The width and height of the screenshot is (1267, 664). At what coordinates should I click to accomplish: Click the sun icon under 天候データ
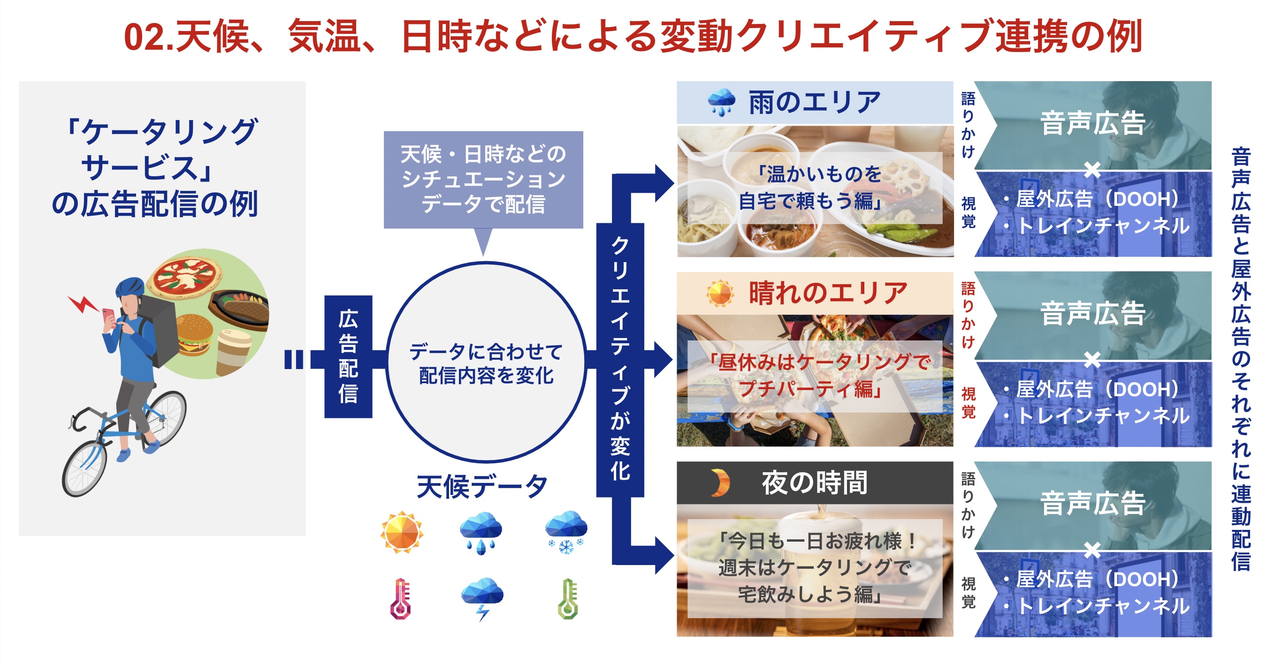click(x=402, y=532)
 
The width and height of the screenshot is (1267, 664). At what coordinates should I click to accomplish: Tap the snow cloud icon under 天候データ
click(x=566, y=531)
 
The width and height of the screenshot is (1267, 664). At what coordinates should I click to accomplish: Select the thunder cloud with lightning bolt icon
click(x=482, y=597)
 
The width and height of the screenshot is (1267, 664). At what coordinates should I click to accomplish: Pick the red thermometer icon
click(x=400, y=599)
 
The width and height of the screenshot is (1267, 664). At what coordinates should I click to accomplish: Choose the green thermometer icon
click(x=568, y=599)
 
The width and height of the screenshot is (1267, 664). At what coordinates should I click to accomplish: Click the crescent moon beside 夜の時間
click(x=721, y=483)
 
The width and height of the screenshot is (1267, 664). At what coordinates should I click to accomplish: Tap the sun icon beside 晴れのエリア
click(x=720, y=294)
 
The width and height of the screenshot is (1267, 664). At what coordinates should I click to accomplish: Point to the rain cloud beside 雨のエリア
click(x=721, y=102)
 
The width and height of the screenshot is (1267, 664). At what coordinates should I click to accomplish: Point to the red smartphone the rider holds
click(x=108, y=316)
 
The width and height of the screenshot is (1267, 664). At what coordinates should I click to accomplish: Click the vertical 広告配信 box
click(x=348, y=356)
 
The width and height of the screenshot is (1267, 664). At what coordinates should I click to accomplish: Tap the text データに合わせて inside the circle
click(x=486, y=352)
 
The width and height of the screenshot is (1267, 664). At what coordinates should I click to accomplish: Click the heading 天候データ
click(x=482, y=487)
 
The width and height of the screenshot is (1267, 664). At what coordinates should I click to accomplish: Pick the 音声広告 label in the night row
click(x=1093, y=503)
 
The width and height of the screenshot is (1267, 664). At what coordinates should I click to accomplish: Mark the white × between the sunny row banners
click(x=1092, y=360)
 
